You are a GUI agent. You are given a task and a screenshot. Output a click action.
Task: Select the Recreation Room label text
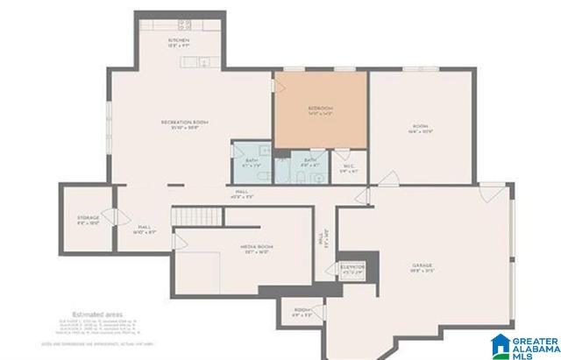tap(184, 123)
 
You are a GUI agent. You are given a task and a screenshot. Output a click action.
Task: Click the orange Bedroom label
tap(321, 111)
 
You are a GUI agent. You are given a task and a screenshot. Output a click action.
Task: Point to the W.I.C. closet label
tap(349, 168)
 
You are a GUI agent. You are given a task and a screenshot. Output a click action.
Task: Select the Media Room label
tap(257, 249)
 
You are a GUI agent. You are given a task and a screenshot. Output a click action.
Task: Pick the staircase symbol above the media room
tap(192, 215)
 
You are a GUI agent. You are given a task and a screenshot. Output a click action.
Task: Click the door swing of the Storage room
tap(109, 216)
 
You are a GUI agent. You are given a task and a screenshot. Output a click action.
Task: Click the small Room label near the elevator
tap(302, 311)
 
